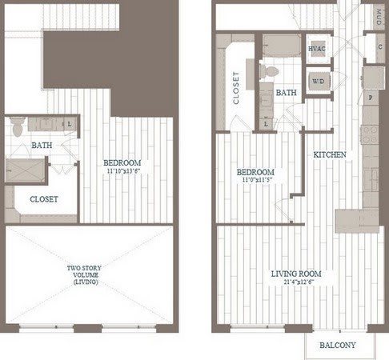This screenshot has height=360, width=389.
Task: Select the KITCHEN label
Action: pyautogui.click(x=329, y=154)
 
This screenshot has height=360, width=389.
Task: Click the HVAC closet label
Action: pyautogui.click(x=317, y=49)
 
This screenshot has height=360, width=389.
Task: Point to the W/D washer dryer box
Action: pyautogui.click(x=317, y=80)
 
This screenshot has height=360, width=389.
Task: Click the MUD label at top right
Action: pyautogui.click(x=379, y=17)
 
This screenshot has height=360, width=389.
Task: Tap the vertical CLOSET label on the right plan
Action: pyautogui.click(x=236, y=90)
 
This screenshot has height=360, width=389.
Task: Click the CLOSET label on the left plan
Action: pyautogui.click(x=43, y=199)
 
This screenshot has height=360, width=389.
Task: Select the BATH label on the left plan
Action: pyautogui.click(x=42, y=146)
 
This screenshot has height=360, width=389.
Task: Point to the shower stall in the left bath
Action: pyautogui.click(x=25, y=170)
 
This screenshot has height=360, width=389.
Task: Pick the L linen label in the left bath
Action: pyautogui.click(x=70, y=123)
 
